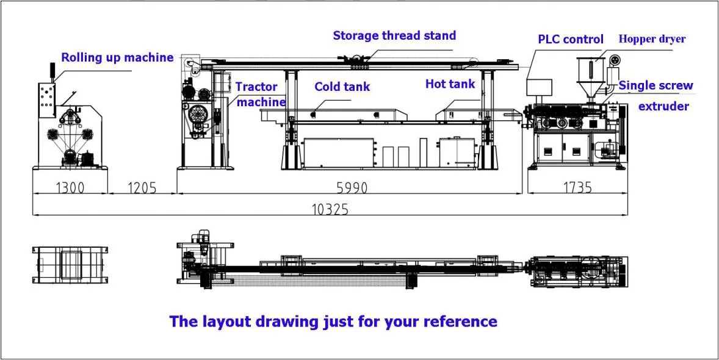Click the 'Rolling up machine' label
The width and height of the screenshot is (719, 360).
point(117,58)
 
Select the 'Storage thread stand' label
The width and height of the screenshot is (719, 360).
point(394,35)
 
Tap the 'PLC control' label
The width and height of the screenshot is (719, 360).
point(570,39)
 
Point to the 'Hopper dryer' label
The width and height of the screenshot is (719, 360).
point(652,39)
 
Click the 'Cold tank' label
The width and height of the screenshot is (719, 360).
point(342,87)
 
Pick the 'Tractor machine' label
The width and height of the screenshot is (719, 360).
point(260,95)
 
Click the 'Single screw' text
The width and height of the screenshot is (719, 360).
point(656,85)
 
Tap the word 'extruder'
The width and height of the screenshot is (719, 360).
point(663,106)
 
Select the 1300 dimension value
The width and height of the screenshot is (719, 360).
point(70,188)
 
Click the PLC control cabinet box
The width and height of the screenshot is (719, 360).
point(539,85)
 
